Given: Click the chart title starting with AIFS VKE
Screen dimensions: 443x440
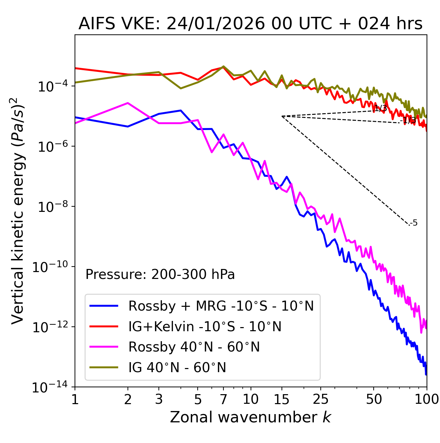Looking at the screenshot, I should (x=250, y=24).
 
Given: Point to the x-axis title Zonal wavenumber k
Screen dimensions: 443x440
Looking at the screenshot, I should (x=250, y=417).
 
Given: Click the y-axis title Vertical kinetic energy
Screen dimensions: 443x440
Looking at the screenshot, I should (x=18, y=210).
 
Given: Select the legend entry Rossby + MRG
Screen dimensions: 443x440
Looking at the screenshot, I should (x=221, y=306).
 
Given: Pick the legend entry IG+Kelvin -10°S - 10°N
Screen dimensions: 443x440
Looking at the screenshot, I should (x=205, y=326).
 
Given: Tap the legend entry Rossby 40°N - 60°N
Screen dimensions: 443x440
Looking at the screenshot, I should (x=194, y=347).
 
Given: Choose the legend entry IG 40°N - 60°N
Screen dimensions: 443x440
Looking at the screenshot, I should (x=177, y=368).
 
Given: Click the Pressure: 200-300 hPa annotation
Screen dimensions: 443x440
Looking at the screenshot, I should (x=160, y=274).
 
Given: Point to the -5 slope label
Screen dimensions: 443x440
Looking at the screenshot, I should (x=414, y=223).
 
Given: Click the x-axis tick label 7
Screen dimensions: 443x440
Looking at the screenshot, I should (x=223, y=399).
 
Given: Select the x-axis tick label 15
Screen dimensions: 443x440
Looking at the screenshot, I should (x=282, y=399).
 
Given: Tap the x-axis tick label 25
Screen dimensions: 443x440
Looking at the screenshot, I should (x=321, y=399).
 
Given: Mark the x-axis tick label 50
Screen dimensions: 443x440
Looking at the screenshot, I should (x=374, y=399).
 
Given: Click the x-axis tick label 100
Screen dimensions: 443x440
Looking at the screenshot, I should (x=427, y=399).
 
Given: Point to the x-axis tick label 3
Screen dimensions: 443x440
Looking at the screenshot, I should (x=159, y=399).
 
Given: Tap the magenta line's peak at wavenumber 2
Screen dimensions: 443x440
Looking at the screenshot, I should (x=128, y=103).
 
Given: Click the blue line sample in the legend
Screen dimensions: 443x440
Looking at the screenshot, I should (x=104, y=306).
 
